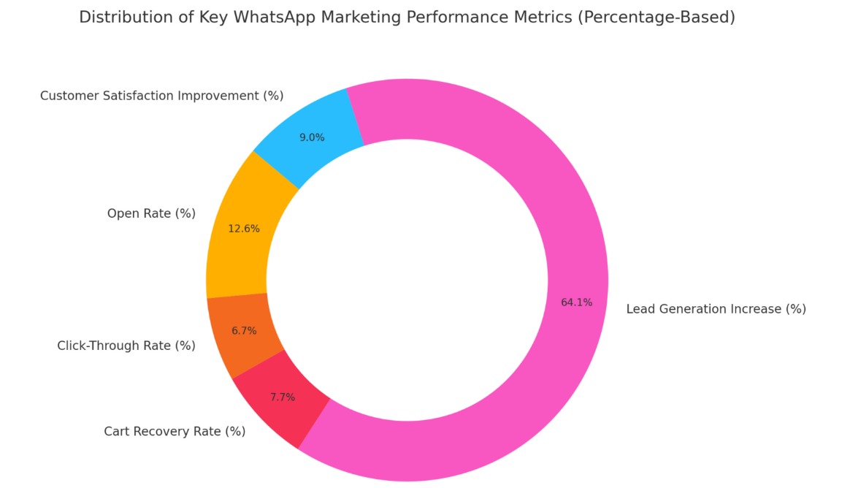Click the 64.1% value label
[576, 302]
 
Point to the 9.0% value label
[312, 137]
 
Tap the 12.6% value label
[244, 229]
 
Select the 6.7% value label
[244, 331]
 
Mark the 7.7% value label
[283, 397]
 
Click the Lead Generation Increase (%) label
[716, 309]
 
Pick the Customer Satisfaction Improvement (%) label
[161, 96]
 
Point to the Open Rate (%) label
[151, 213]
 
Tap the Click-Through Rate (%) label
[126, 346]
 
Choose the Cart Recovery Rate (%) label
[175, 431]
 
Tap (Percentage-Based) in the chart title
[656, 18]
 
